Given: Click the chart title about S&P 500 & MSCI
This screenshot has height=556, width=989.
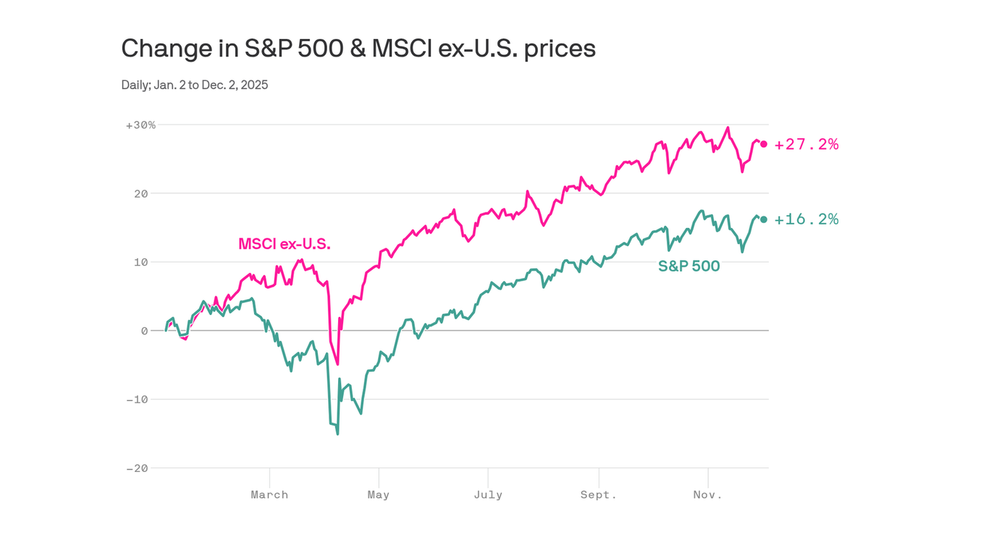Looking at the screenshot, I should pyautogui.click(x=358, y=49).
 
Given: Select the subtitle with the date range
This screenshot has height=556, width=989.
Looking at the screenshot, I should pyautogui.click(x=195, y=85).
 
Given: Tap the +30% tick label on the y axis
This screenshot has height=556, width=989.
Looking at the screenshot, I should pyautogui.click(x=140, y=125).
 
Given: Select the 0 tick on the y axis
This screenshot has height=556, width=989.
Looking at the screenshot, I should pyautogui.click(x=145, y=331).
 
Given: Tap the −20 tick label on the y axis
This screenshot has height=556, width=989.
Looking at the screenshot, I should pyautogui.click(x=138, y=468).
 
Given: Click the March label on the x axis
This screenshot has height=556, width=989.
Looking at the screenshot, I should pyautogui.click(x=269, y=495).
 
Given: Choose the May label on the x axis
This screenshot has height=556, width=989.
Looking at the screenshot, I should pyautogui.click(x=378, y=495).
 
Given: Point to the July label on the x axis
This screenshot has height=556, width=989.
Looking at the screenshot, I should pyautogui.click(x=488, y=495).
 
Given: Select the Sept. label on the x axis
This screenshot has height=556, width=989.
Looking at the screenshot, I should pyautogui.click(x=599, y=495).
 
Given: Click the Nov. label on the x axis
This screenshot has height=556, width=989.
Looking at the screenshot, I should pyautogui.click(x=707, y=495).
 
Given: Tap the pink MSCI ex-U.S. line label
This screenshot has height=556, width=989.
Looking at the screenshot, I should pyautogui.click(x=285, y=244).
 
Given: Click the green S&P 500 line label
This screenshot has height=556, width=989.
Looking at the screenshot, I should pyautogui.click(x=689, y=266).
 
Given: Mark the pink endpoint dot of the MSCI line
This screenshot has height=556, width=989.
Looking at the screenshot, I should pyautogui.click(x=764, y=144).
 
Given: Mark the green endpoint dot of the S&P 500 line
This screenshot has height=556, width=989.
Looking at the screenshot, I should pyautogui.click(x=764, y=219).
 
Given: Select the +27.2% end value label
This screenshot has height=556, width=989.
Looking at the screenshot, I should pyautogui.click(x=807, y=145).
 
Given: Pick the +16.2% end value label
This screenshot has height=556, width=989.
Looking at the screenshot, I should pyautogui.click(x=807, y=219).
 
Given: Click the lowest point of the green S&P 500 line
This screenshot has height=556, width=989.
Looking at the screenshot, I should pyautogui.click(x=337, y=434).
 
